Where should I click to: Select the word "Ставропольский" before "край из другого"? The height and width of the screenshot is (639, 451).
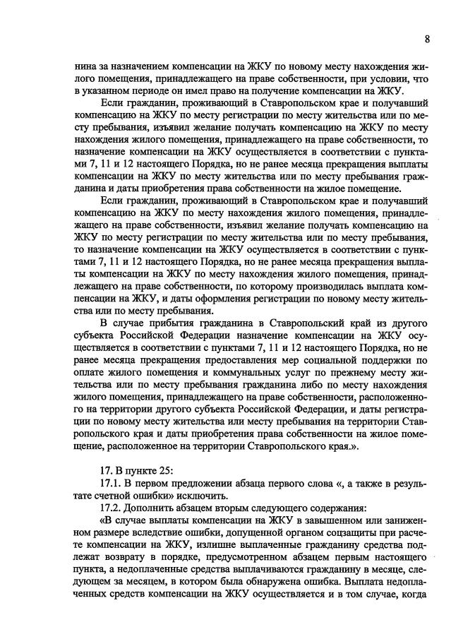point(297,323)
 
